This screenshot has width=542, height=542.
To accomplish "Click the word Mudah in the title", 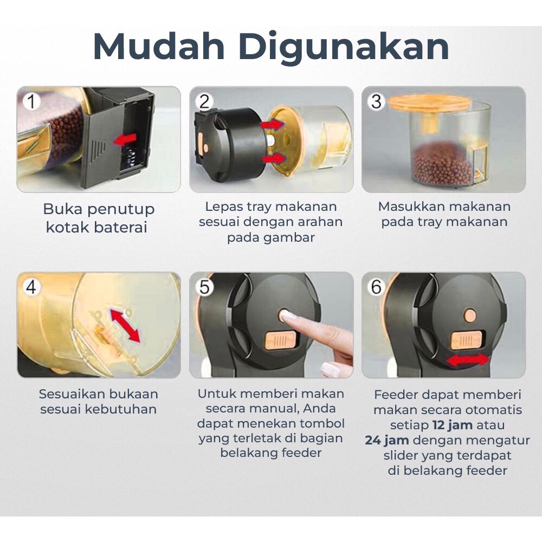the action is pos(159,47).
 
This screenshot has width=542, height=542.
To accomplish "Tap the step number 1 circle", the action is pos(31,102).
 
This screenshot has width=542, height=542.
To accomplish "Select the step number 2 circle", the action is pos(204,102).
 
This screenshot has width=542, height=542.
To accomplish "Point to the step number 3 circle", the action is pos(377,102).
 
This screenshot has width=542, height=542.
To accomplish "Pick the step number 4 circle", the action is pos(31,287).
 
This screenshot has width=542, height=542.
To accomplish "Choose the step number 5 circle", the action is pos(204,287).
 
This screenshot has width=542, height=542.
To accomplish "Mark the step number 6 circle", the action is pos(377,287).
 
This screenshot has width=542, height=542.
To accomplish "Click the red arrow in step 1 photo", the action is pos(126,139).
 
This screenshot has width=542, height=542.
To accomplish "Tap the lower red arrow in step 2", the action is pos(274,159).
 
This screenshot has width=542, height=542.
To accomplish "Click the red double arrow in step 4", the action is pos(125,325).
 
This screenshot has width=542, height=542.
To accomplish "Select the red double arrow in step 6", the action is pos(468,360).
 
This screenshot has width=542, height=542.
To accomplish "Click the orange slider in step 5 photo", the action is pos(280,340).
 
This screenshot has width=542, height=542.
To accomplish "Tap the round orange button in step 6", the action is pos(470,316).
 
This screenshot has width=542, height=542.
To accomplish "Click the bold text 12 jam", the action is pos(453,425).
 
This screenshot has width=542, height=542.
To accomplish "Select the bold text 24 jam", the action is pos(387,440).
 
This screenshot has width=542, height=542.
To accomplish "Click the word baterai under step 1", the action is pos(121,228).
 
